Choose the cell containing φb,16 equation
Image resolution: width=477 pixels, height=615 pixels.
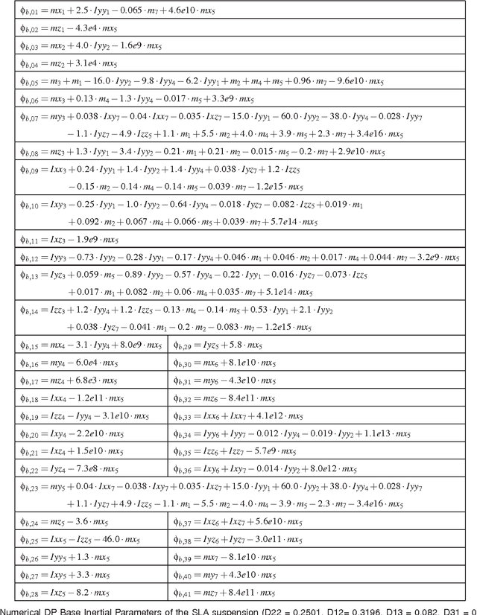(x=86, y=363)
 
